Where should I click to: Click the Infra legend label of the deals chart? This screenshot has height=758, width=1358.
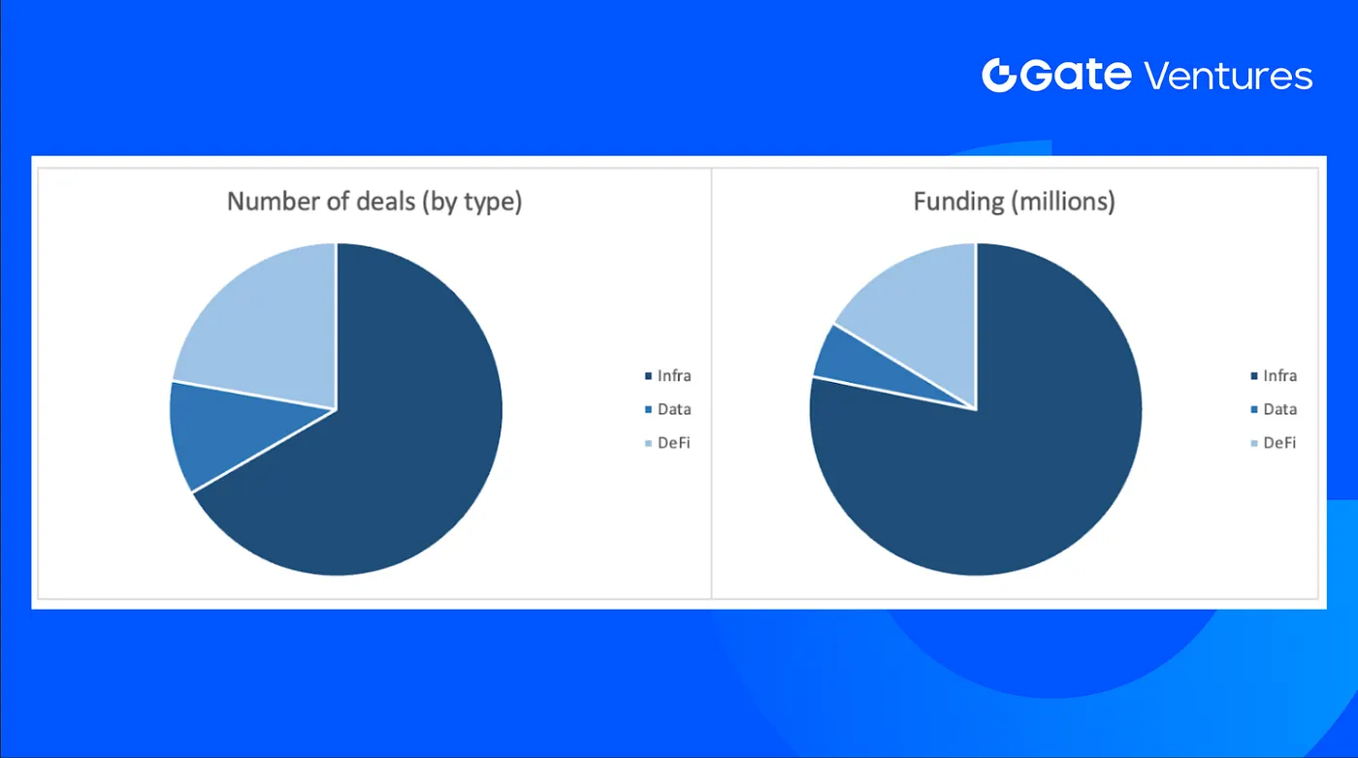674,376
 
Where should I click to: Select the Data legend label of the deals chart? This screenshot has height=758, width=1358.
674,410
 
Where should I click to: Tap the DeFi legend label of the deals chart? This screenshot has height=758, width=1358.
673,443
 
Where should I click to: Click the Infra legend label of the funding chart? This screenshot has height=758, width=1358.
1279,376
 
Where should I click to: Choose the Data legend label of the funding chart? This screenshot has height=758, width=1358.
1279,410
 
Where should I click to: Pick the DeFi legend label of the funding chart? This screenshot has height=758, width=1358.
1279,443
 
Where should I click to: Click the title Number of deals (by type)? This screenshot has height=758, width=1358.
374,202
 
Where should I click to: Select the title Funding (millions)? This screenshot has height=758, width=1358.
1015,202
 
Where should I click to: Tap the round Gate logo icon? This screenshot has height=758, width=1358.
999,76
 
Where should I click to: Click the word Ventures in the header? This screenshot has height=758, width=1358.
1228,77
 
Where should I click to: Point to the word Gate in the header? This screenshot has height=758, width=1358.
1076,76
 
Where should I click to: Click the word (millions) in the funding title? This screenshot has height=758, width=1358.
1063,202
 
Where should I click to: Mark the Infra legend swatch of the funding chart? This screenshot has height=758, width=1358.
1254,376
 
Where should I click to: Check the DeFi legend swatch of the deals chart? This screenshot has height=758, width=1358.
648,444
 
